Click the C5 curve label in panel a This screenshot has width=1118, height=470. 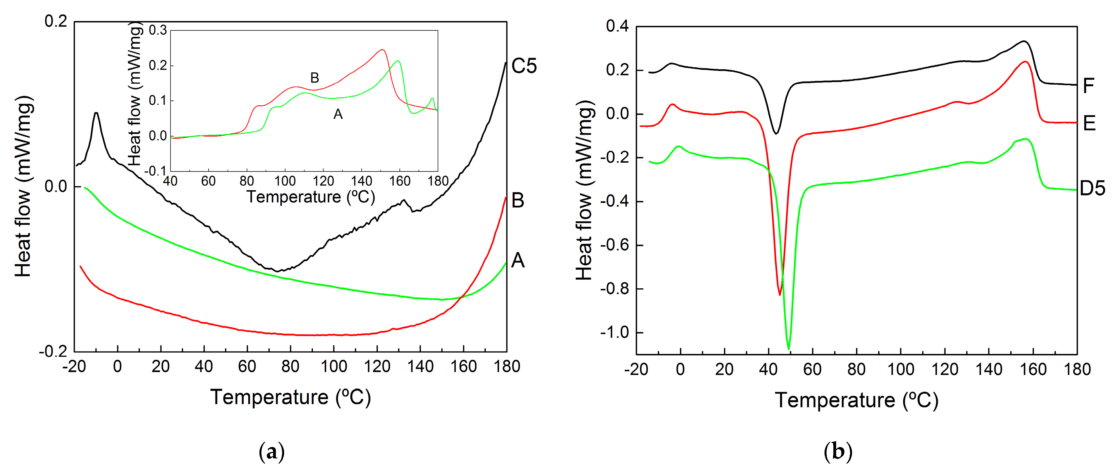[x=524, y=66]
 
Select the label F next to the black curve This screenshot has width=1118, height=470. [x=1088, y=86]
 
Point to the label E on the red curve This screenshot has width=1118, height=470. [x=1089, y=123]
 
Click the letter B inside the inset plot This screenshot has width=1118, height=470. [x=315, y=78]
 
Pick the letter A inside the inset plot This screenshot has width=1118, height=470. [x=338, y=114]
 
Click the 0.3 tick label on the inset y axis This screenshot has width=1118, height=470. [x=158, y=30]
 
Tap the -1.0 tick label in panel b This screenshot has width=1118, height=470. [x=614, y=333]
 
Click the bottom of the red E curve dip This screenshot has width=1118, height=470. [x=779, y=295]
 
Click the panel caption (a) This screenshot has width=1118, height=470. [x=272, y=452]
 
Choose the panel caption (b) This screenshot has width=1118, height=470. [x=838, y=452]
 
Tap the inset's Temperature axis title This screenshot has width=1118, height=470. [x=311, y=197]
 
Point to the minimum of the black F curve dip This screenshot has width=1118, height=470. [x=776, y=133]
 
